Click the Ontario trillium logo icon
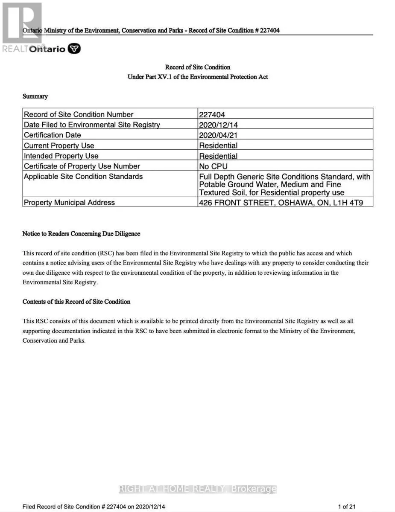click(x=75, y=49)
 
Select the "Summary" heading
click(x=35, y=96)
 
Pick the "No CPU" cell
click(x=214, y=166)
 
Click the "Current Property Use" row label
click(x=59, y=145)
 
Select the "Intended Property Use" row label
click(x=61, y=156)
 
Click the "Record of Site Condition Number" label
click(x=79, y=114)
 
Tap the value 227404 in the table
click(x=212, y=115)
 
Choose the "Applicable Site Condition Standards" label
click(x=83, y=176)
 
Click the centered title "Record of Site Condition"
click(x=198, y=67)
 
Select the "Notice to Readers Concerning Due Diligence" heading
click(x=81, y=234)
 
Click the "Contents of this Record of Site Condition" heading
click(x=76, y=302)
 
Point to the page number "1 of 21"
click(x=347, y=506)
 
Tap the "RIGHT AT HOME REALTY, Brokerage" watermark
click(x=197, y=489)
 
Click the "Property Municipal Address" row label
click(x=69, y=202)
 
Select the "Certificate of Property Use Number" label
click(x=82, y=166)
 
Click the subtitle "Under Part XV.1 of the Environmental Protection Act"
click(x=198, y=77)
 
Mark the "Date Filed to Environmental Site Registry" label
click(x=92, y=125)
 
